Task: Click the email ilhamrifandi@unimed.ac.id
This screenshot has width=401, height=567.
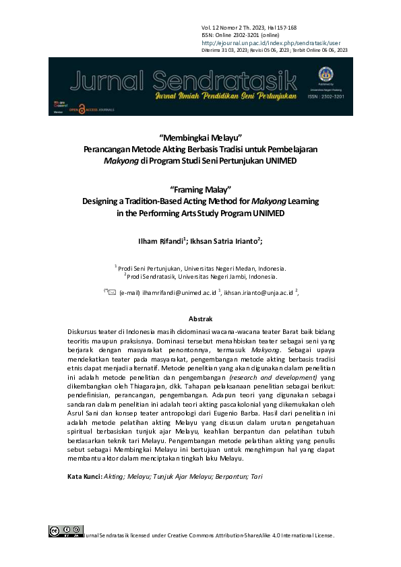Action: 178,294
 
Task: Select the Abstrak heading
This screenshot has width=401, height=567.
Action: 200,319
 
